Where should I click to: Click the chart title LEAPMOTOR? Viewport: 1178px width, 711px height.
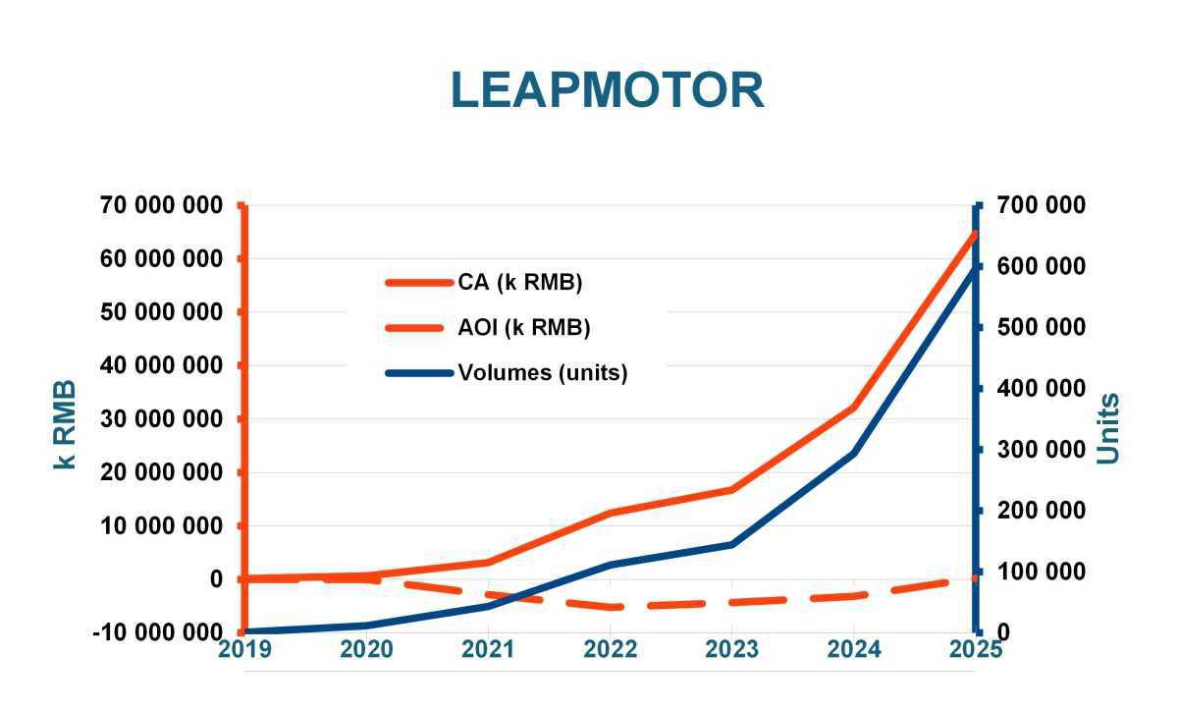point(607,90)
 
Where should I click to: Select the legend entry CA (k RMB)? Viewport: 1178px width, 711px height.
point(519,283)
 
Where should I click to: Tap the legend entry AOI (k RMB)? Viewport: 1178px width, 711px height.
point(523,328)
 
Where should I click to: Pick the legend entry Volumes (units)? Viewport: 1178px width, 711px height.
point(542,373)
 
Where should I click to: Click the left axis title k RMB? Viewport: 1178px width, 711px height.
point(65,423)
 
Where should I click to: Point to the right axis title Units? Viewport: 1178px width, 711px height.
point(1107,428)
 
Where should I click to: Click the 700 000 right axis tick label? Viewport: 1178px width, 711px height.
point(1044,205)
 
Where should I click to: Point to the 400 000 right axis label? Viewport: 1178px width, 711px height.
point(1044,389)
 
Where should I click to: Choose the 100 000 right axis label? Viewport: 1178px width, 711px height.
point(1044,572)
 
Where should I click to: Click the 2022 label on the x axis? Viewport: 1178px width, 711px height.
point(610,649)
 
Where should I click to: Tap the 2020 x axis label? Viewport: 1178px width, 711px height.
point(366,649)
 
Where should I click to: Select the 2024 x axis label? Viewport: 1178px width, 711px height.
point(854,649)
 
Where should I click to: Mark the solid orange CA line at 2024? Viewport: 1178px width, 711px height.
point(854,407)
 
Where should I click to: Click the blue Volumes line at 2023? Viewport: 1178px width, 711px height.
point(732,544)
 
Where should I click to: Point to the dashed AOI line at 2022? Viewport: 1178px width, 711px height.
point(611,607)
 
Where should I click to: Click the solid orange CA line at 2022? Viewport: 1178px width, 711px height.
point(611,513)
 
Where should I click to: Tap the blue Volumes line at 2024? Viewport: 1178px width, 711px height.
point(854,453)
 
